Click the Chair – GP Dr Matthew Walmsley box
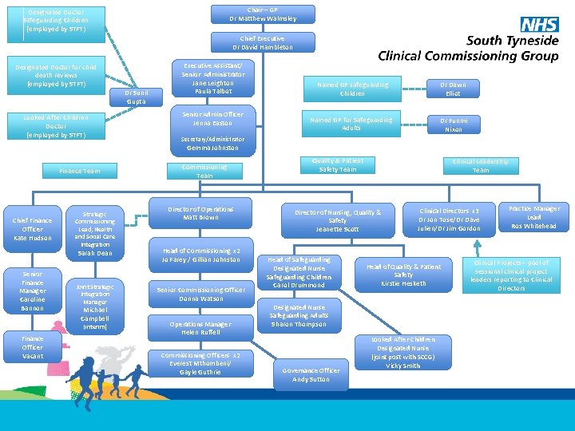[x=263, y=14]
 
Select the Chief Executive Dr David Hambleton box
[x=263, y=42]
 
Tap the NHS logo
[x=539, y=25]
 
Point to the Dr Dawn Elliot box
[x=453, y=89]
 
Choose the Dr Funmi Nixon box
[x=453, y=124]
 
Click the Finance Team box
[x=81, y=171]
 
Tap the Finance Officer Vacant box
[x=33, y=347]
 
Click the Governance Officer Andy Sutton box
[x=311, y=374]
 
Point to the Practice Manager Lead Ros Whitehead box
[x=534, y=217]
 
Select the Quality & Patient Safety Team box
[x=338, y=164]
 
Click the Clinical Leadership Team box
[x=481, y=165]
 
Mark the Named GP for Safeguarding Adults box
[x=351, y=124]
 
